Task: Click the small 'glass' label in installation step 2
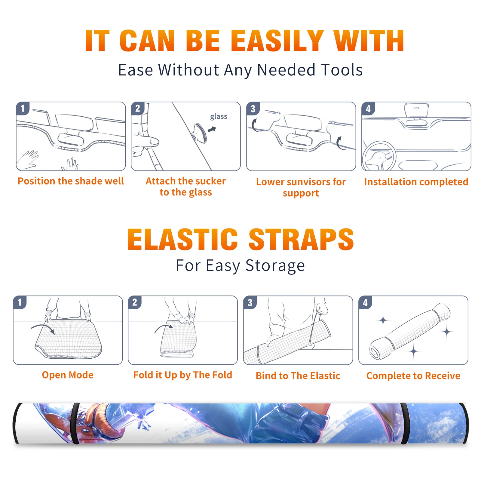219,117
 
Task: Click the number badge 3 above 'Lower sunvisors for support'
253,109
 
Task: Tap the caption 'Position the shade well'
71,181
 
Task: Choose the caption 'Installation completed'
416,182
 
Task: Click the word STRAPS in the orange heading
301,239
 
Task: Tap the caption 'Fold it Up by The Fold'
183,375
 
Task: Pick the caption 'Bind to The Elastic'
298,375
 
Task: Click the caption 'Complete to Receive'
413,375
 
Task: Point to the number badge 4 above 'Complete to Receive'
365,302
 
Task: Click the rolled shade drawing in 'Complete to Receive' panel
410,331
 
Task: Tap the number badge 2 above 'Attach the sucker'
138,109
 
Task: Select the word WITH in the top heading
369,41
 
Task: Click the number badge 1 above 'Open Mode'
20,302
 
